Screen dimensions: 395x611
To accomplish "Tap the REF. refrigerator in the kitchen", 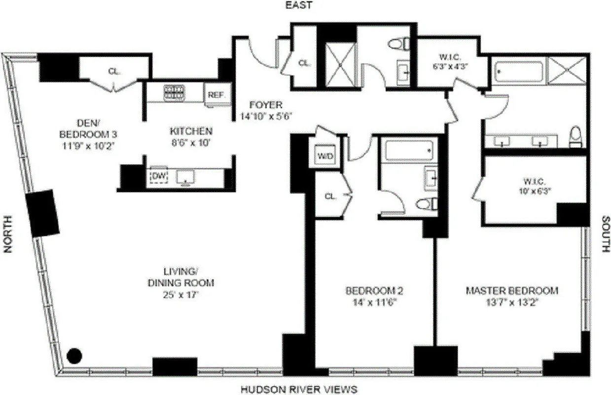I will point(216,95).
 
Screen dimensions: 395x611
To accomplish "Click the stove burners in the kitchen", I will point(174,92).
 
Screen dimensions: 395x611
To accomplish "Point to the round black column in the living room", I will point(74,355).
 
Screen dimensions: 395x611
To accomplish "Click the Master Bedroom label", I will point(512,290).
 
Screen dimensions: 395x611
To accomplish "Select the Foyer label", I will point(265,105).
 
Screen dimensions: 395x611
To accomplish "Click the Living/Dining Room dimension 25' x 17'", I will point(181,295).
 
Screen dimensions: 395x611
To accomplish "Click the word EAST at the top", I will point(299,5).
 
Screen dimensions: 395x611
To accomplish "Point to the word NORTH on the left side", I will point(8,237).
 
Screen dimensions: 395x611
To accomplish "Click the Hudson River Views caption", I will point(298,390).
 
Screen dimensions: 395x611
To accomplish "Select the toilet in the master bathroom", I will point(575,137).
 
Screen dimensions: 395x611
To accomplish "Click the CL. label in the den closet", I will point(114,71).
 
